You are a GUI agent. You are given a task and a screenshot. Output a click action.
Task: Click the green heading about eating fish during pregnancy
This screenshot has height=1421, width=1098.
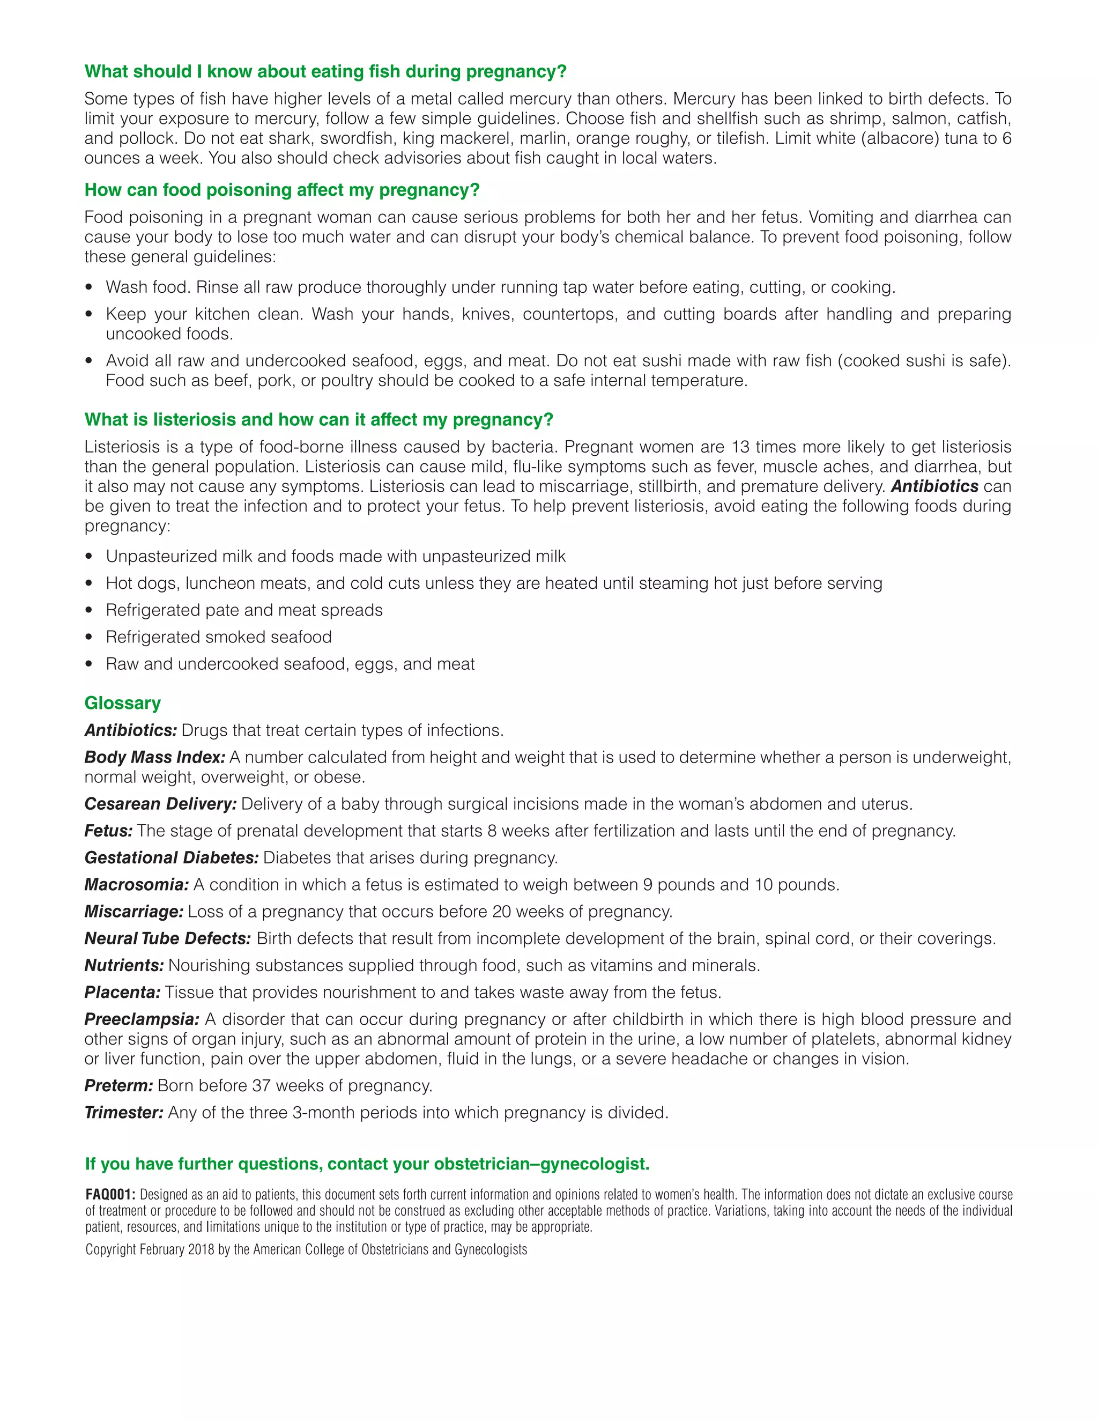[325, 71]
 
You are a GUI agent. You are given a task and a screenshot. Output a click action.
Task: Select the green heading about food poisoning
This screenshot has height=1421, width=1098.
[281, 190]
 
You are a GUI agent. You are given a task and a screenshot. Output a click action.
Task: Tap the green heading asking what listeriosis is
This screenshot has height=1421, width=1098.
[319, 420]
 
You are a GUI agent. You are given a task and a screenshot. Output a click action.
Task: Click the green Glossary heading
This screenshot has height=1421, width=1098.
[122, 704]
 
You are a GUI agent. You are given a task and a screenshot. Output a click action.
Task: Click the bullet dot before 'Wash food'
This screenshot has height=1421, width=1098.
[90, 287]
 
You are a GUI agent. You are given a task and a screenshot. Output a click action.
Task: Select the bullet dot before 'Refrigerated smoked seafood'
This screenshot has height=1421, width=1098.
[90, 638]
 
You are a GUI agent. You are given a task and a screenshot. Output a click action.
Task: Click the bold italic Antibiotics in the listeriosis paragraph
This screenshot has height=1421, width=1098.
[934, 487]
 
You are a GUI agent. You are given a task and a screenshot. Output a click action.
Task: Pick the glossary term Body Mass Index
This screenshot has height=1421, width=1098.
[155, 757]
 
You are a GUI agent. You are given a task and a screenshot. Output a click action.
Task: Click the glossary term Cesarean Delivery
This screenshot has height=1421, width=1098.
[160, 804]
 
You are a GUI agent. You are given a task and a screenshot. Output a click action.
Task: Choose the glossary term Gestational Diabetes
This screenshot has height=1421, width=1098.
[172, 858]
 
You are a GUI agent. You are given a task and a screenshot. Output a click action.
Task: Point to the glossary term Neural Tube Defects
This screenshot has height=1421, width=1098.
[167, 939]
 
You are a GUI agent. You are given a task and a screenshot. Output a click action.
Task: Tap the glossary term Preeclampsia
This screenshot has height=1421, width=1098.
[142, 1019]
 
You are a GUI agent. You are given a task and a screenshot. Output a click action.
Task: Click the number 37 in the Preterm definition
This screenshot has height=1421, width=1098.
[260, 1086]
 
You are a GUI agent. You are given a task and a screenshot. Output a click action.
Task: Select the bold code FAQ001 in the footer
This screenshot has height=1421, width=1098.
[110, 1195]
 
